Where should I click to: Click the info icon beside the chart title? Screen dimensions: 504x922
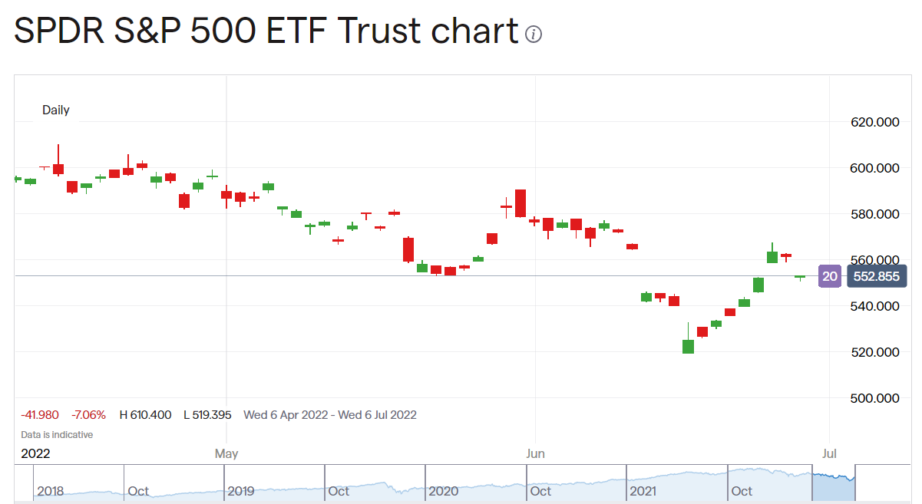534,35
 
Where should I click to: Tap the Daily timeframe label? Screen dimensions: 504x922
56,110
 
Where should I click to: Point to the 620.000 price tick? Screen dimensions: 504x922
874,122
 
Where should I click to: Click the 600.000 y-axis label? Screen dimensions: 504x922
874,168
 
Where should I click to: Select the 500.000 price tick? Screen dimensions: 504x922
874,398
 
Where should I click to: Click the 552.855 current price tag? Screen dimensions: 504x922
877,276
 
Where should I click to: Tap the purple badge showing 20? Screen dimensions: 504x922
829,276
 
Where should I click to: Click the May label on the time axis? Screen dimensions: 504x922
226,453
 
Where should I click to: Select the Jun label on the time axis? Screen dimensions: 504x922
535,453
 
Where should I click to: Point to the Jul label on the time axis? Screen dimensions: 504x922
829,453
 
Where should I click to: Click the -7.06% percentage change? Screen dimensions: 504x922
90,415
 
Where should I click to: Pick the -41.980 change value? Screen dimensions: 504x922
41,415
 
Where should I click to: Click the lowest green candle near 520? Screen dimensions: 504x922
688,346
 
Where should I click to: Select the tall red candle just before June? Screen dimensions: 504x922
520,203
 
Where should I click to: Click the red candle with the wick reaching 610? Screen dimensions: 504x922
58,169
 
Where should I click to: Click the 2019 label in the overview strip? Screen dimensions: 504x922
240,491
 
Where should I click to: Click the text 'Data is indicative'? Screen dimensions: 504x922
57,435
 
